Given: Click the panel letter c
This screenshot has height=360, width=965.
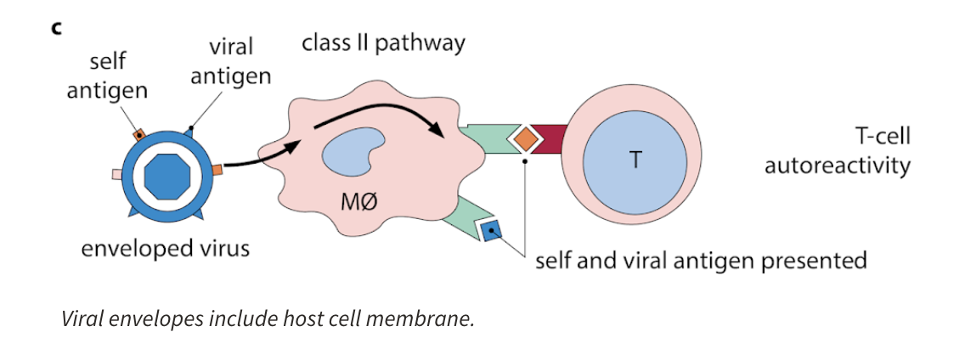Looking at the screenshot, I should click(x=57, y=28).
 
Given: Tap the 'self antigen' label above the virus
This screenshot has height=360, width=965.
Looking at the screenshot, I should click(x=108, y=76).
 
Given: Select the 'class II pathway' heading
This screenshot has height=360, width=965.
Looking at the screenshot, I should click(x=383, y=42).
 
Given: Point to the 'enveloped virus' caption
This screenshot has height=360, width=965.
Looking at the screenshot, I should click(x=166, y=250).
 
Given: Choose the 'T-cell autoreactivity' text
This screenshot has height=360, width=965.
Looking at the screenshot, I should click(x=837, y=151).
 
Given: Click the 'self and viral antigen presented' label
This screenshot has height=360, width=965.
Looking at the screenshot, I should click(x=701, y=259).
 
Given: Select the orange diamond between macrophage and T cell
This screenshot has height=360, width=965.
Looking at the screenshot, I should click(x=525, y=137).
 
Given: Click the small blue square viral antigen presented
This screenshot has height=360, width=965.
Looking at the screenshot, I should click(x=492, y=229).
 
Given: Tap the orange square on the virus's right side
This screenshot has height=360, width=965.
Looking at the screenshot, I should click(x=218, y=170).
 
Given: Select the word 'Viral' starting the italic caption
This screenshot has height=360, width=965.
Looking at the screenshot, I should click(x=82, y=320).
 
